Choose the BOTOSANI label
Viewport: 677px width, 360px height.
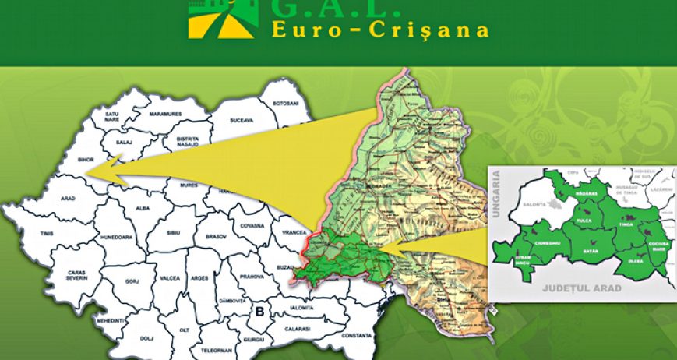284,104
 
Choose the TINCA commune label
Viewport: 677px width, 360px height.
626,224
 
